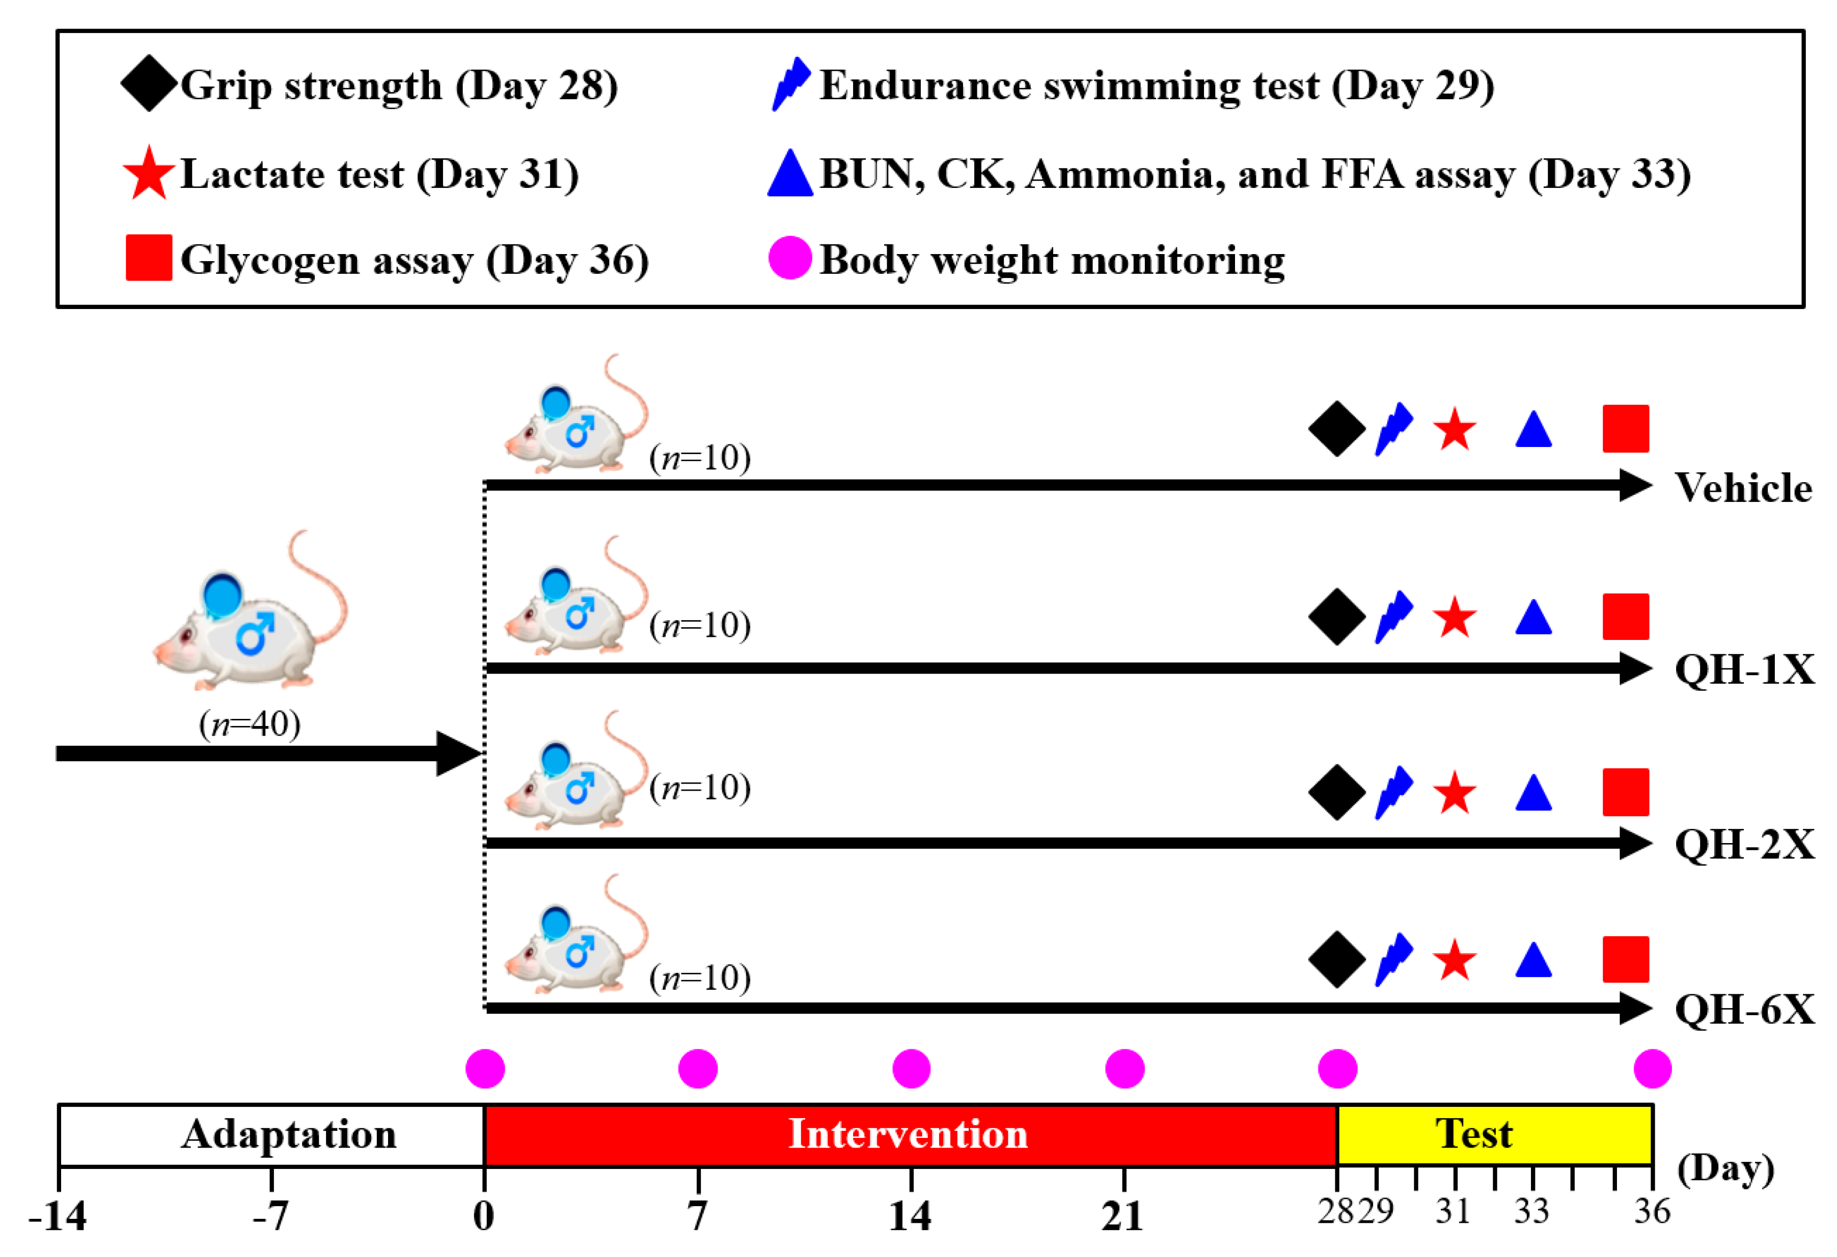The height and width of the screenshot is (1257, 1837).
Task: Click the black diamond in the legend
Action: (149, 83)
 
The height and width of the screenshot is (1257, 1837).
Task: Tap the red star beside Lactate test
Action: (149, 173)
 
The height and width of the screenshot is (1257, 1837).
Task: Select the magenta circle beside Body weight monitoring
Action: (790, 258)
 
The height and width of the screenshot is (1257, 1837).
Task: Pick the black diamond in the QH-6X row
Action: (1337, 959)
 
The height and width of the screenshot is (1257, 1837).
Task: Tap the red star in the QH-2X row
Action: (1455, 793)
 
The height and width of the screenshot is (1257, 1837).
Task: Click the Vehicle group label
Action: (1743, 487)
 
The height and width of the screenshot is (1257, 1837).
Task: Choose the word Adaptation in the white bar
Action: (289, 1134)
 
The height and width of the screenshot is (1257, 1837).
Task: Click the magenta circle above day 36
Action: (1652, 1069)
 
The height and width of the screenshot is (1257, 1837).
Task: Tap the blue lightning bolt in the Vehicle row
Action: (1393, 429)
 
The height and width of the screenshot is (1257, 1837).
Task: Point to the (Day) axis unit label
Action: (1725, 1168)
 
